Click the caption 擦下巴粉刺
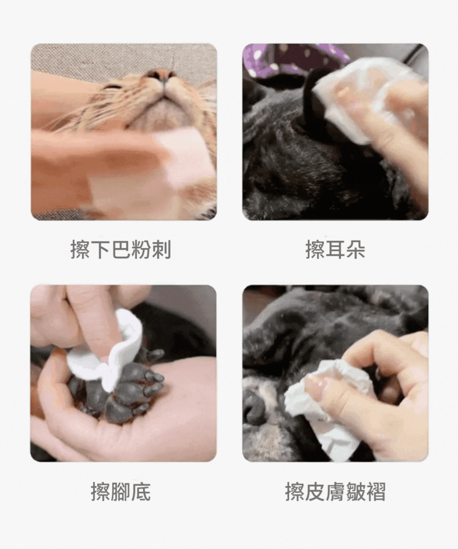pos(121,249)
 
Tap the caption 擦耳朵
pos(335,249)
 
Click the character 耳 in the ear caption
pos(335,249)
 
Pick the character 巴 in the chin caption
pos(121,249)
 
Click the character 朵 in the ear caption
pos(355,249)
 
